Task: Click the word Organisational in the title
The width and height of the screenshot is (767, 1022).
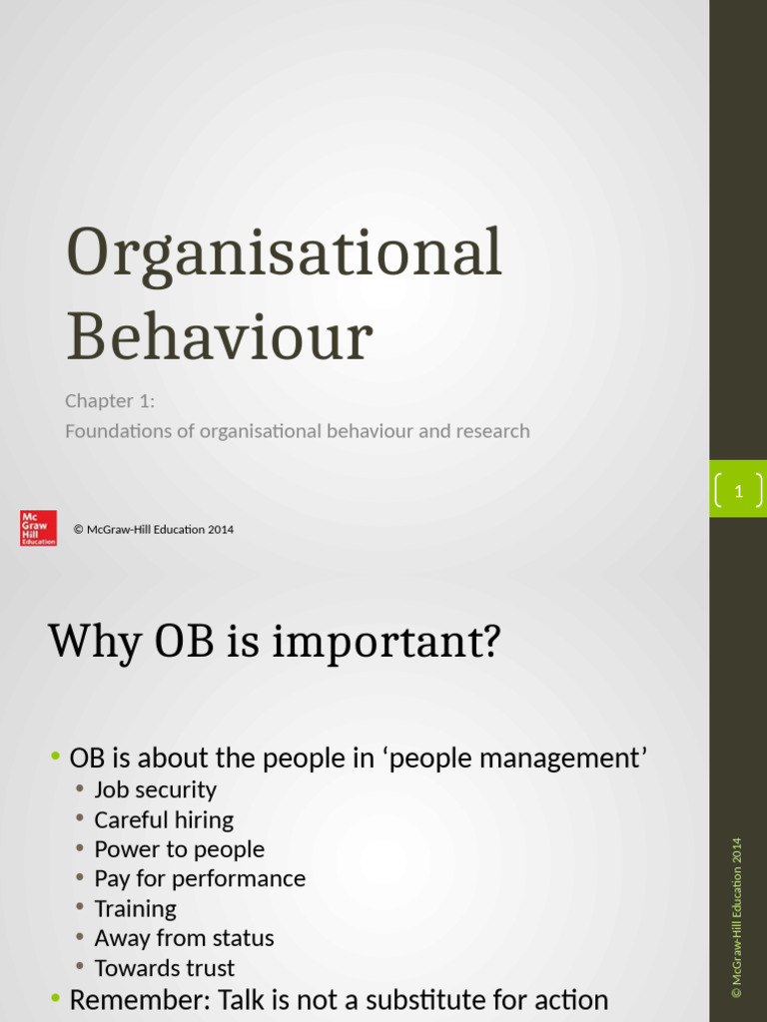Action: [284, 254]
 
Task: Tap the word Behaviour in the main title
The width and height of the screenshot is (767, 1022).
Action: [219, 337]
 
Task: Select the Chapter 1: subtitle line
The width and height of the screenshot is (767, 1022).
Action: [111, 401]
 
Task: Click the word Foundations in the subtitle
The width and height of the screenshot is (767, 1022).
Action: [129, 431]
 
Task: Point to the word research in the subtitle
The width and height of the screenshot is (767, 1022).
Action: [492, 431]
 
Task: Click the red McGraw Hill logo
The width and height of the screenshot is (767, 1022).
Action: [38, 528]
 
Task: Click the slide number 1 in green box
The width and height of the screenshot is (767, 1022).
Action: [738, 491]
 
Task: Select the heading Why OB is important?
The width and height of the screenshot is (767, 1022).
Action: [274, 641]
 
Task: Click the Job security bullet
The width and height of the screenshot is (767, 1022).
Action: [155, 790]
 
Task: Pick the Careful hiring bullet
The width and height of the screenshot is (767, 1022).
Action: [164, 820]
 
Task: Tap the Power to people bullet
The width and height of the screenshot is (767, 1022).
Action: [179, 849]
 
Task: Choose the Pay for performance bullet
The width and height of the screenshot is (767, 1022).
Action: [200, 879]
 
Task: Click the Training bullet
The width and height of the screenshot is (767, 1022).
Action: [135, 909]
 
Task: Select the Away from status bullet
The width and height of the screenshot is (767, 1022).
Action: [184, 938]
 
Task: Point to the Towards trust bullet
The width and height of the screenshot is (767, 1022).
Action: [165, 968]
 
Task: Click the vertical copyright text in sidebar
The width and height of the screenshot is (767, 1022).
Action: [737, 917]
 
